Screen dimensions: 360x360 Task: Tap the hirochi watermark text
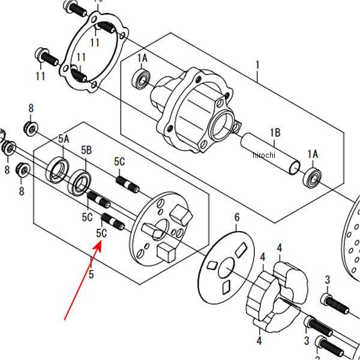263,155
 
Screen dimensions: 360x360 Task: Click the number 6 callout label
236,217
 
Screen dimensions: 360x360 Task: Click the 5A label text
64,139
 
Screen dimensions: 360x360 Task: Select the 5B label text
86,149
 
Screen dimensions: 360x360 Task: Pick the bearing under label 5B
79,182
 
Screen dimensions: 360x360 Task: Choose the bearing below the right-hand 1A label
312,177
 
